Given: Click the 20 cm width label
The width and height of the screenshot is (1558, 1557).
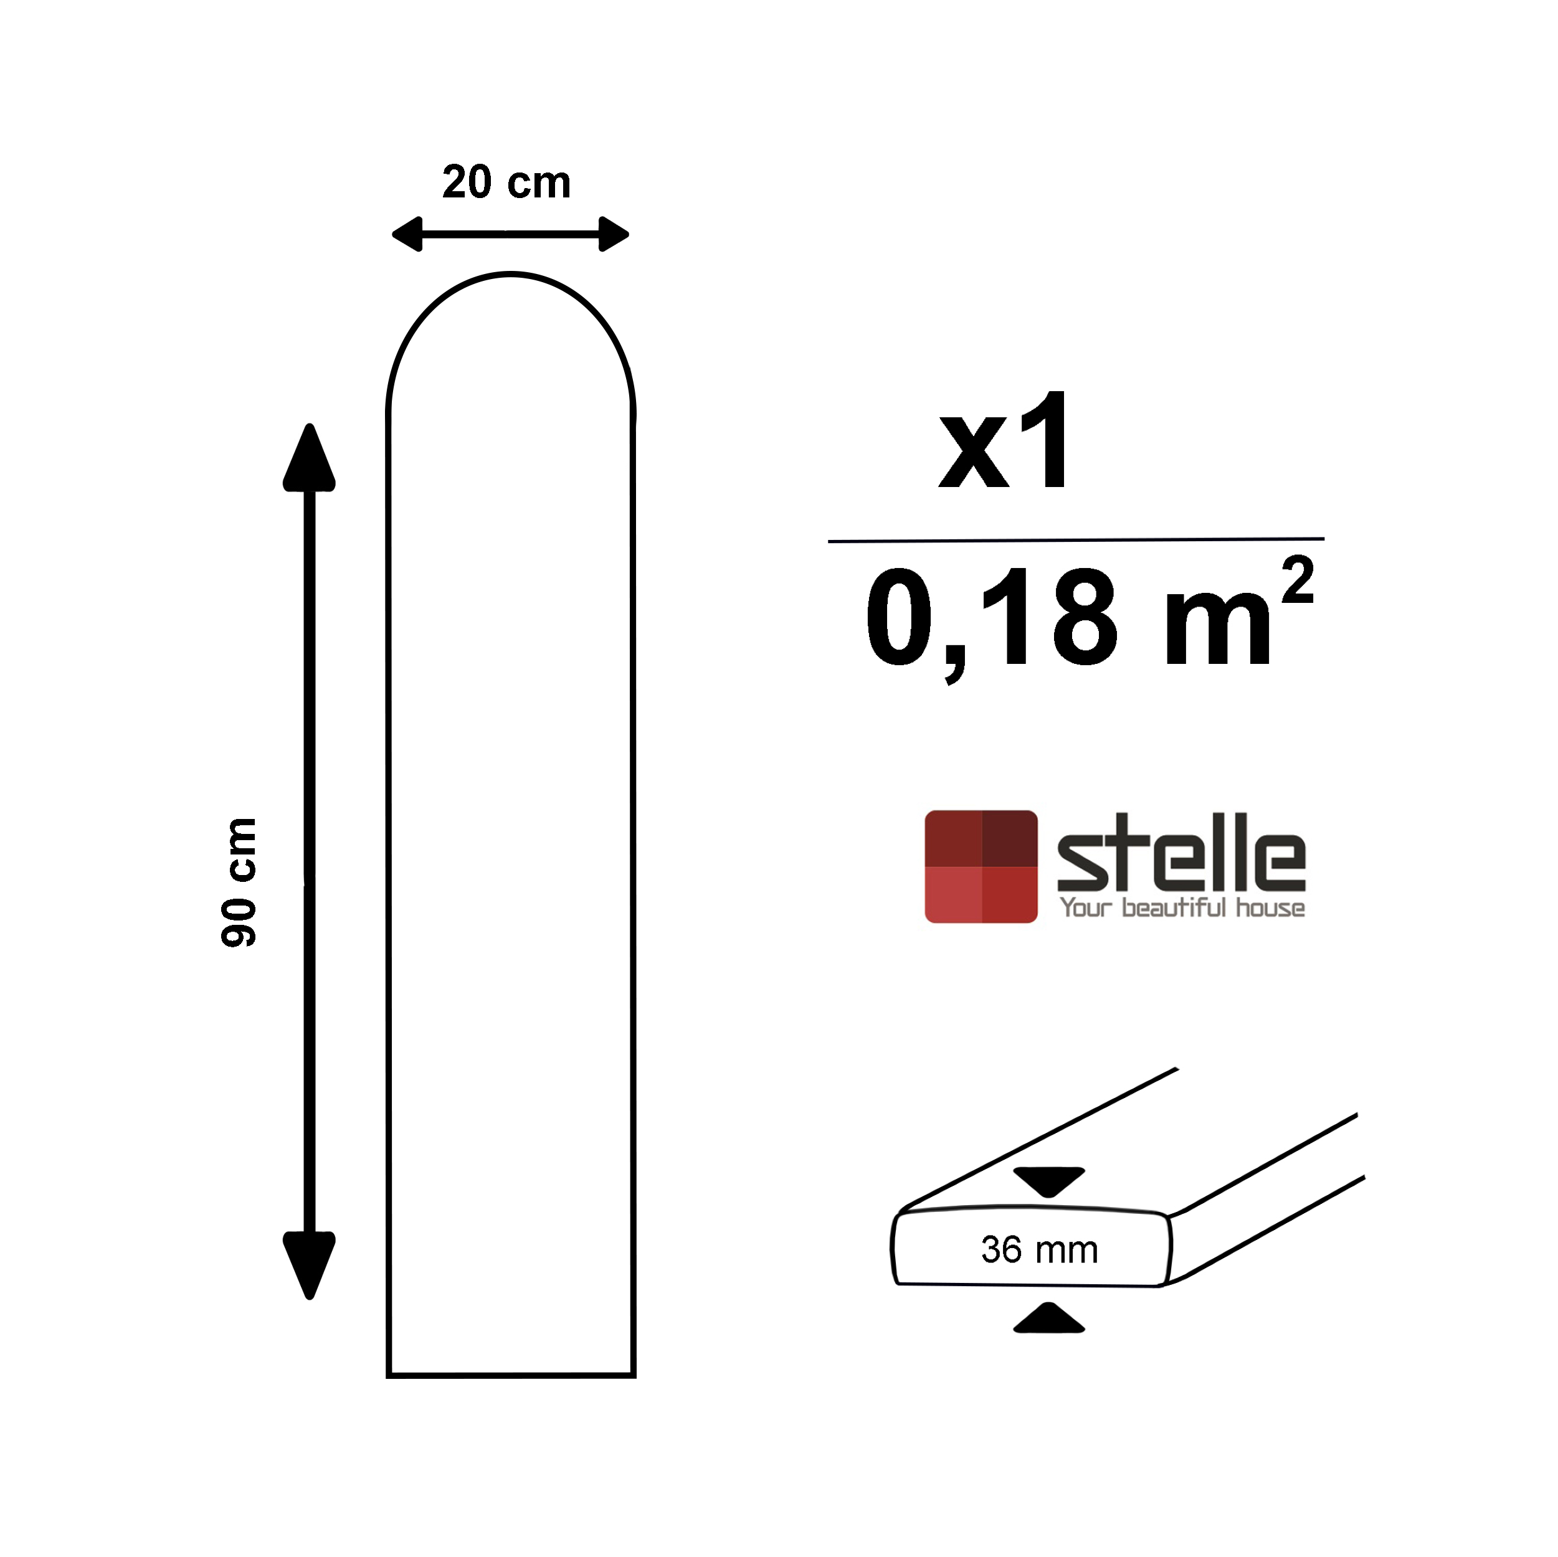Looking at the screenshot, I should (506, 182).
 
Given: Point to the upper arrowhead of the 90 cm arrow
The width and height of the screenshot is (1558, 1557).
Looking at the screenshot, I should (309, 460).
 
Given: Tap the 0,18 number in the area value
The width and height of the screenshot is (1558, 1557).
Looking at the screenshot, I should (992, 619).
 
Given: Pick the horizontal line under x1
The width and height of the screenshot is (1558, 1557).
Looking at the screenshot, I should (1075, 540).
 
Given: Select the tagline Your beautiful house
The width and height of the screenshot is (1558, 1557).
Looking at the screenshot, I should (1181, 908).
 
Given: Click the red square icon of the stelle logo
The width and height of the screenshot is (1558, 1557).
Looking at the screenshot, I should (981, 867).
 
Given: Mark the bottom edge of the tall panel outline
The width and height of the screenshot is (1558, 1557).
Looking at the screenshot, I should (510, 1375).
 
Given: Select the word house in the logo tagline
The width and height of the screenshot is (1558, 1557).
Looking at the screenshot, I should (1270, 909).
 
